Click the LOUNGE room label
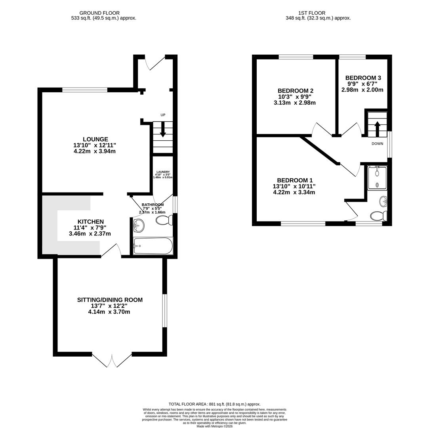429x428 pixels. pos(95,139)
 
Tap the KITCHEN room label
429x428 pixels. pos(91,222)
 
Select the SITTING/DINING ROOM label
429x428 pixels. pos(110,300)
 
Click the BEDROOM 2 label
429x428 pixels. pos(295,91)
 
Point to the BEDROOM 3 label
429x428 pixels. pos(363,78)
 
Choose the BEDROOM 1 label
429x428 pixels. pos(294,180)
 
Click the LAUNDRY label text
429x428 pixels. pos(162,172)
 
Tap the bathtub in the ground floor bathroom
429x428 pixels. pos(153,246)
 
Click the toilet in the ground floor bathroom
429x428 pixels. pos(164,220)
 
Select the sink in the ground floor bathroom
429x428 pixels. pos(139,226)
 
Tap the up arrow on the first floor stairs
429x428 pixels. pos(377,128)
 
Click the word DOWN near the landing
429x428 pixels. pos(377,143)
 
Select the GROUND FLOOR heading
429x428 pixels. pos(99,13)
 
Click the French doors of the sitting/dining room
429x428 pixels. pos(112,360)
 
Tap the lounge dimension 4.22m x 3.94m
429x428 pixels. pos(95,151)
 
